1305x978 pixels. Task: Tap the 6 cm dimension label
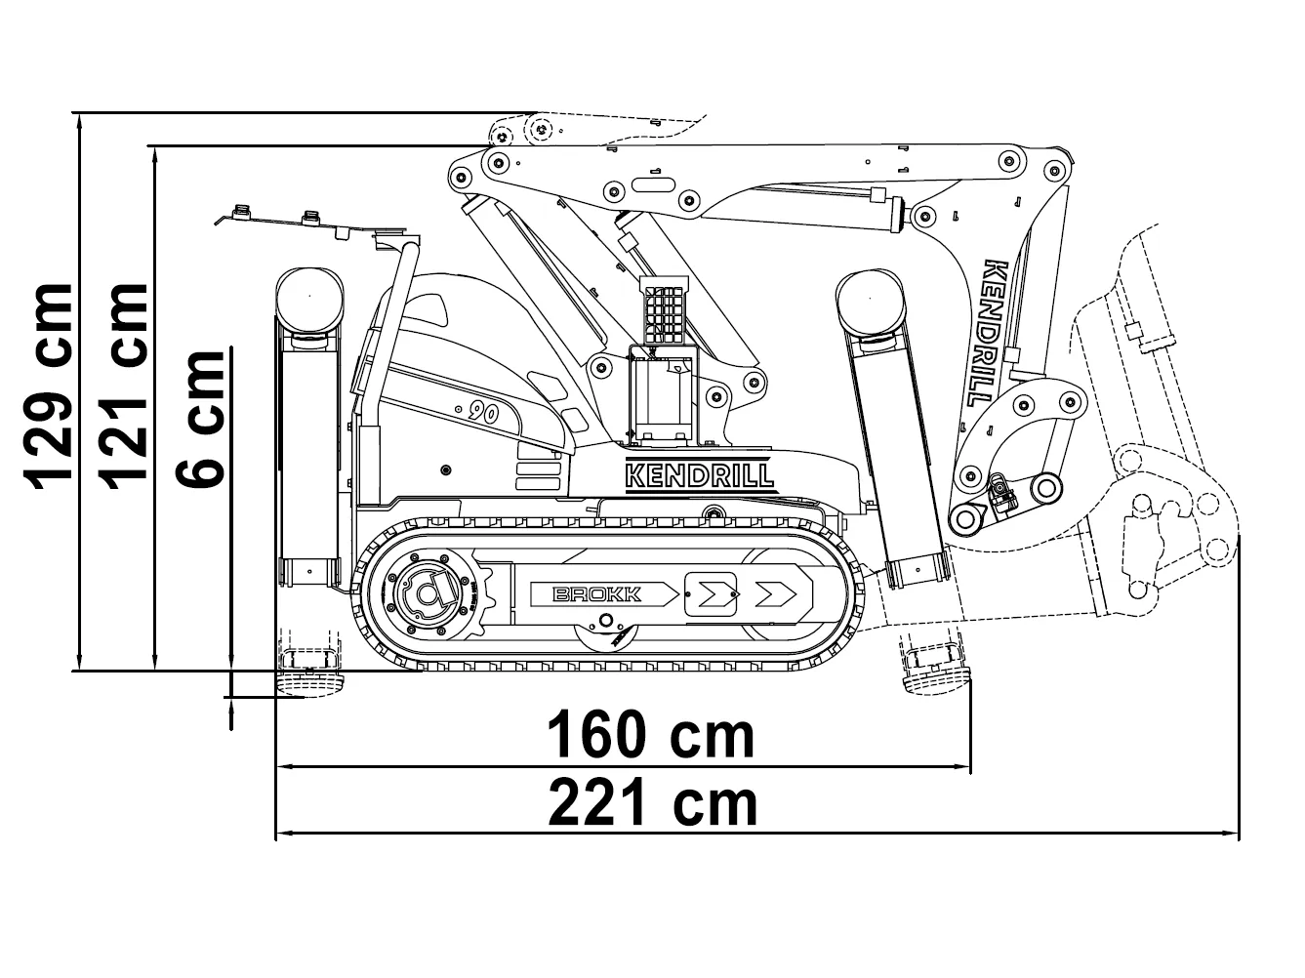(200, 419)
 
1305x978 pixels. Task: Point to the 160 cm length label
(650, 735)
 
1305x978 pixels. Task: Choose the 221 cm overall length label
(653, 802)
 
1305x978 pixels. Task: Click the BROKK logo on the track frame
(597, 594)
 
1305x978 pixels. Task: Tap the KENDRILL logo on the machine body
(700, 475)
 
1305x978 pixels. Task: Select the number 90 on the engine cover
(482, 412)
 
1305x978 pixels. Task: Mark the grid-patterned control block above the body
(665, 311)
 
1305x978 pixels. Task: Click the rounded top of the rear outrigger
(309, 299)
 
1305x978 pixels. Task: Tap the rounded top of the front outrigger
(870, 301)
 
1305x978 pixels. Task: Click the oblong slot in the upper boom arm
(653, 184)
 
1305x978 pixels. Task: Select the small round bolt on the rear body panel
(446, 470)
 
